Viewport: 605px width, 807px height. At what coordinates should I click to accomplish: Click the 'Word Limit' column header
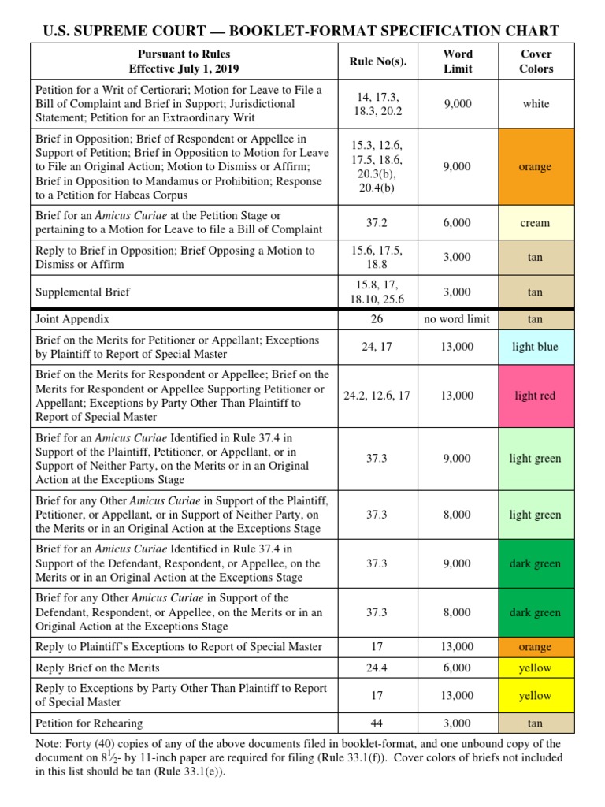[458, 61]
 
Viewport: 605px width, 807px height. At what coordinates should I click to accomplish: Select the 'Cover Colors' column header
[536, 61]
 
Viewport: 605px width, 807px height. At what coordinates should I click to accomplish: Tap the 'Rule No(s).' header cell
[377, 61]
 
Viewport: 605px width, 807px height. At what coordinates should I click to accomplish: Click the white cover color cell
[536, 103]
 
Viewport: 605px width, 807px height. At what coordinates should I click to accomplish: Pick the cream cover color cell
[536, 223]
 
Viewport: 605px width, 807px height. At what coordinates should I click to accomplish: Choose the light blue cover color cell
[536, 347]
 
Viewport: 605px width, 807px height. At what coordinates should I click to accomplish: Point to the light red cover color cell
[536, 396]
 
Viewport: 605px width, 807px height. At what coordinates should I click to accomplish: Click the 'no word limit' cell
[458, 319]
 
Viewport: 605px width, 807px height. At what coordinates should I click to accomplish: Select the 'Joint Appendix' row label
[72, 319]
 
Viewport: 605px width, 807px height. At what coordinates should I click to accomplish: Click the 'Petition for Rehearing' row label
[89, 723]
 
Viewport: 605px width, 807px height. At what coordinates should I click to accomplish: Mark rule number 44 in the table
[377, 723]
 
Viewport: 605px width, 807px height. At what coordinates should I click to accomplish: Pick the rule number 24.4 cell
[377, 668]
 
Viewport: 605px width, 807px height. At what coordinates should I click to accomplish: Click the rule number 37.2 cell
[377, 223]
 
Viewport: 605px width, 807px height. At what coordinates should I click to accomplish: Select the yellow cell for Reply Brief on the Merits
[536, 668]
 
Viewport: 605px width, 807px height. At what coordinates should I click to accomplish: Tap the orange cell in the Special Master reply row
[536, 647]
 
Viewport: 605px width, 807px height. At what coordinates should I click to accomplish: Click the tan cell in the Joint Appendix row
[536, 319]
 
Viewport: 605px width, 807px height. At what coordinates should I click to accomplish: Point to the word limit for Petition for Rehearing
[458, 723]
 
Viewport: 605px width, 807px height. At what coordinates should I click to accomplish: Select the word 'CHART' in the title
[533, 31]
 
